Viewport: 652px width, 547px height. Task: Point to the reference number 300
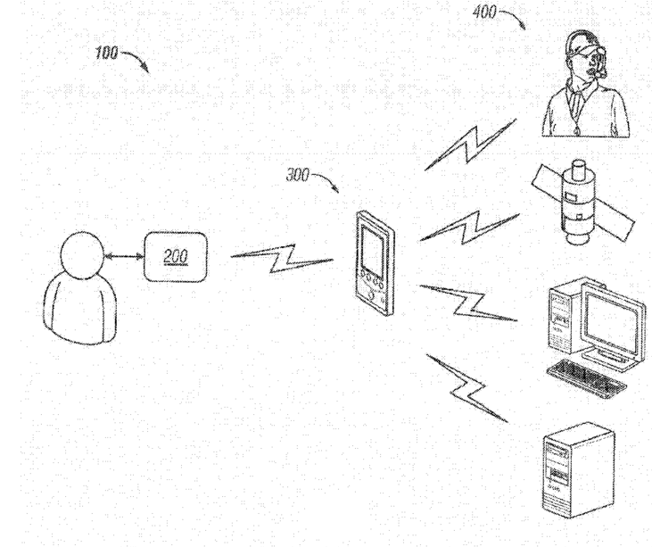297,176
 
